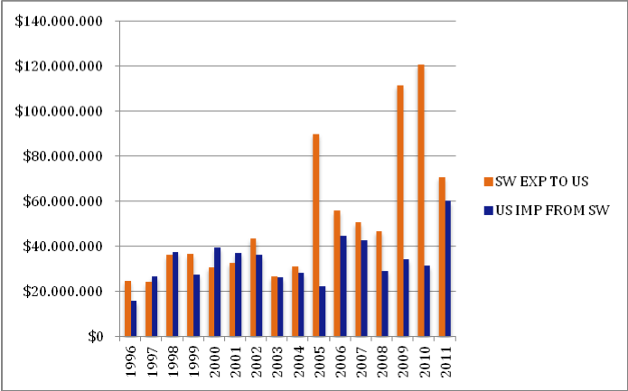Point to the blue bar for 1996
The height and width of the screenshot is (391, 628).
[x=135, y=318]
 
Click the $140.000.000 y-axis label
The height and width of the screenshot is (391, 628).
[x=59, y=21]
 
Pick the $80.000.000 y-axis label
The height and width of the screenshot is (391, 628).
[x=62, y=156]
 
